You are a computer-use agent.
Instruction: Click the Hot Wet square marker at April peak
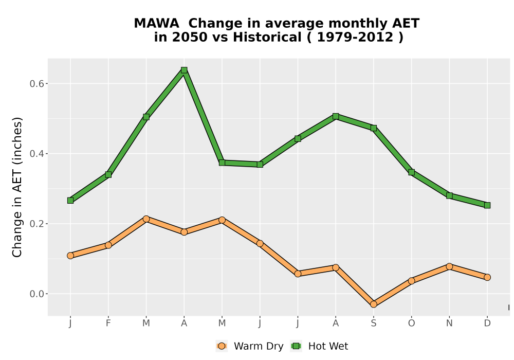pos(184,70)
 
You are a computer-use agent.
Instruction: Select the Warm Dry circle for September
pos(373,304)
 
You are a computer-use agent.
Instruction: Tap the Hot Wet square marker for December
pos(487,206)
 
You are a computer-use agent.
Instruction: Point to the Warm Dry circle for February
pos(108,245)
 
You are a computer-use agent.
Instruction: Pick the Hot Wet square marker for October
pos(411,172)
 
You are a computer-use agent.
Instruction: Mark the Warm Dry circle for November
pos(449,266)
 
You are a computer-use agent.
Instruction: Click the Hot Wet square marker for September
pos(373,128)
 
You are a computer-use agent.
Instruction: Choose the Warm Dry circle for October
pos(411,281)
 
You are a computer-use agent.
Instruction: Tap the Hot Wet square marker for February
pos(108,175)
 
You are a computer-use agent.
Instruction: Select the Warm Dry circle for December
pos(487,277)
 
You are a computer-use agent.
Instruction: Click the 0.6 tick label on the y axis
pos(36,84)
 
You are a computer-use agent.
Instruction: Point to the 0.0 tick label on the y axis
pos(36,294)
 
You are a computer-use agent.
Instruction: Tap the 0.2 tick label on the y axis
pos(36,224)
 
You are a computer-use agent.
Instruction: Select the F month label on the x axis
pos(108,323)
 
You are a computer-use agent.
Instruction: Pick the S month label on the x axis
pos(373,323)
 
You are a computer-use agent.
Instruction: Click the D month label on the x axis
pos(487,323)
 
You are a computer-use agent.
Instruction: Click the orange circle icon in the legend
pos(222,346)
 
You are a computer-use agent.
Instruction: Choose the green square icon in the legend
pos(297,346)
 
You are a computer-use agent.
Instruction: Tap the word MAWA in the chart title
pos(156,23)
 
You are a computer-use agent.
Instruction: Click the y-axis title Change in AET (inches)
pos(17,187)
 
